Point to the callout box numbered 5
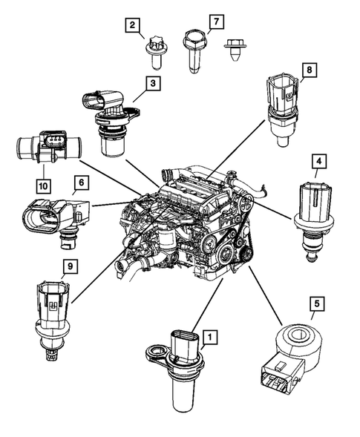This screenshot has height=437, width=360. (318, 303)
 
